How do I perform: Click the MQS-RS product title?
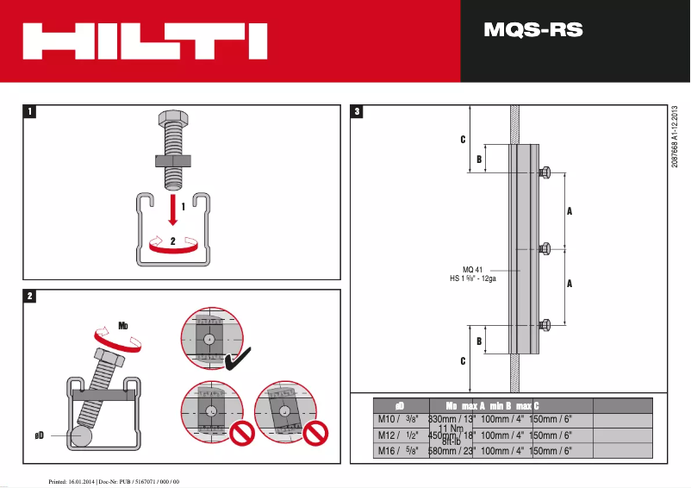click(533, 31)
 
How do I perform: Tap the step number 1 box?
click(30, 111)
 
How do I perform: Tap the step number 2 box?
click(30, 296)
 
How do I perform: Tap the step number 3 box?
click(358, 111)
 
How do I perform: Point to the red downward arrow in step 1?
click(173, 210)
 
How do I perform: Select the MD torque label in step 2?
click(123, 327)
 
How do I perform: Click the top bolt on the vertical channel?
click(545, 172)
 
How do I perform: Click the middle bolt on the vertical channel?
click(545, 249)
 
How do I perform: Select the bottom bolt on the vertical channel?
click(545, 325)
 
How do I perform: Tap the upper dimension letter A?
click(570, 210)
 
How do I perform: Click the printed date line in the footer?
click(112, 480)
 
